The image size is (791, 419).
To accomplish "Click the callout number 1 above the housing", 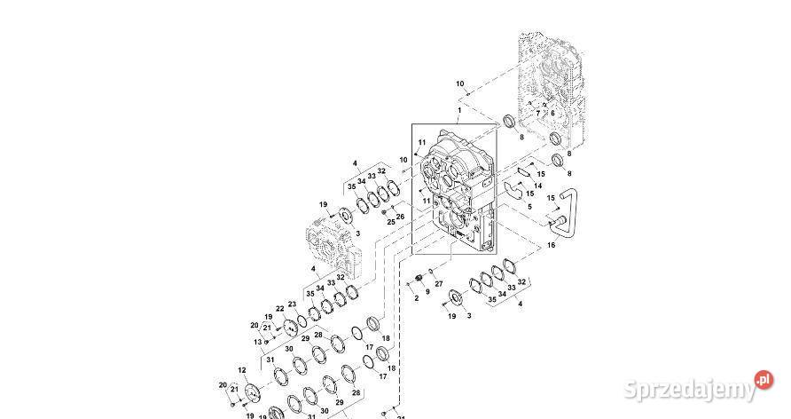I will click(x=459, y=110).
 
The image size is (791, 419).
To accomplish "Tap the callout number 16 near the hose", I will click(x=552, y=244).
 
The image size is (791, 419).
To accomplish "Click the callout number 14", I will click(x=537, y=186).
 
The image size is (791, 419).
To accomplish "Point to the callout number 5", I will click(x=529, y=207).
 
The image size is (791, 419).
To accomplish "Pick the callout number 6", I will click(x=552, y=113).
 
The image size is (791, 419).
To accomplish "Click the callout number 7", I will click(x=537, y=114).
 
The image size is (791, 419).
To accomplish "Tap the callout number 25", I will click(x=390, y=220).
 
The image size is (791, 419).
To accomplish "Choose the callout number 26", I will click(x=400, y=216).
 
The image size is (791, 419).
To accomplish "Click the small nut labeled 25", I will click(x=383, y=211).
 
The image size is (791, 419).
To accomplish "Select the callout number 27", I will click(x=439, y=283).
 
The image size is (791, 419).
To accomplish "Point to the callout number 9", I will click(x=427, y=291).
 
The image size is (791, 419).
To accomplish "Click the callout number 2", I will click(x=415, y=297).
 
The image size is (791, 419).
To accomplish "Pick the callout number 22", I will click(x=279, y=308).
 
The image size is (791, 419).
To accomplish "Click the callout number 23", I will click(x=292, y=304).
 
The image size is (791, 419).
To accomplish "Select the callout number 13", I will click(x=257, y=342).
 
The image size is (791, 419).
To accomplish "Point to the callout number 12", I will click(x=241, y=370).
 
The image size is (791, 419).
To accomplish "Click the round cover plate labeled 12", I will click(x=253, y=395).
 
